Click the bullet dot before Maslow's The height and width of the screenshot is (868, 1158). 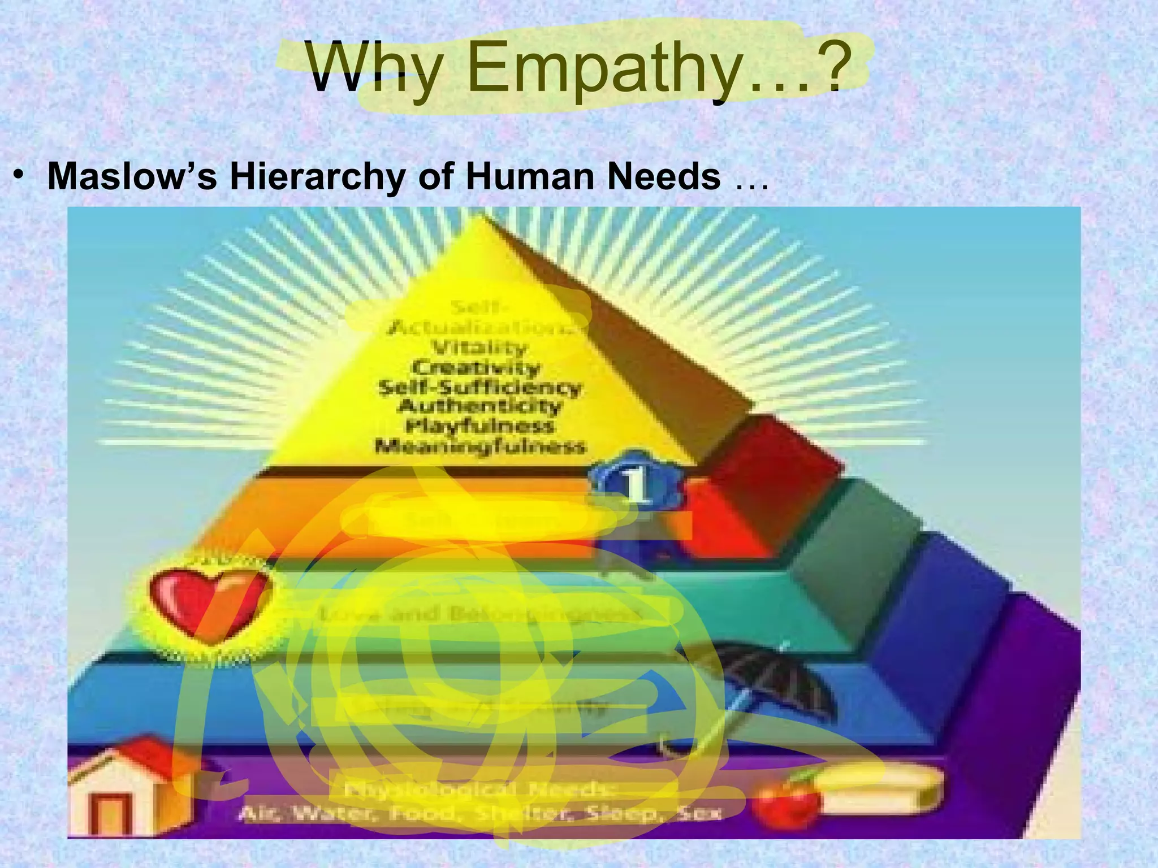click(x=21, y=177)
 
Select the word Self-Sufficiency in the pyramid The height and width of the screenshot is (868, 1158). click(x=479, y=388)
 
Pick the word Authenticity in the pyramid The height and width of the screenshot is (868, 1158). click(x=480, y=406)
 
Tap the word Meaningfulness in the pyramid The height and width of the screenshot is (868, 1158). click(x=480, y=446)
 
